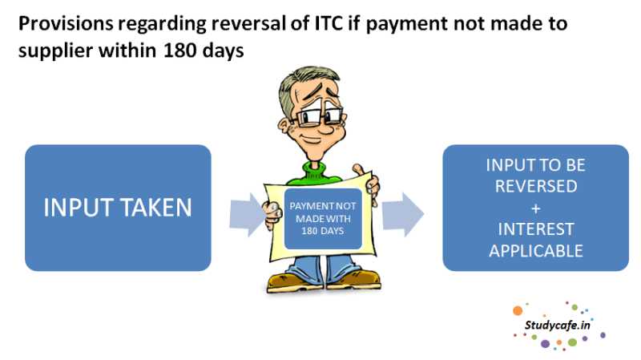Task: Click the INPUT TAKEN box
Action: (118, 208)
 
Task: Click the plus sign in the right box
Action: (535, 208)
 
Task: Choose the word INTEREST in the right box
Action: (535, 229)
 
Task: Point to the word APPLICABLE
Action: (535, 250)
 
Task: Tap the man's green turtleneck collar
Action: (320, 168)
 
